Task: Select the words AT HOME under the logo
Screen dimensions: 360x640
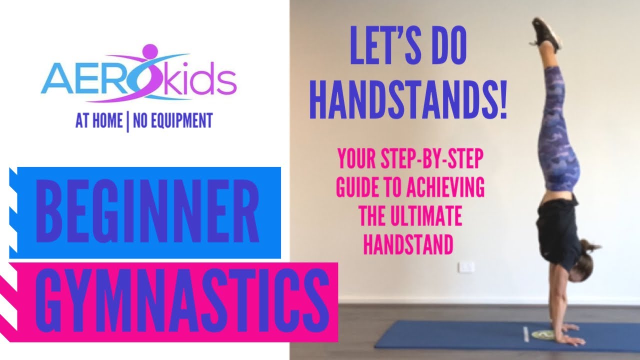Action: pos(98,121)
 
